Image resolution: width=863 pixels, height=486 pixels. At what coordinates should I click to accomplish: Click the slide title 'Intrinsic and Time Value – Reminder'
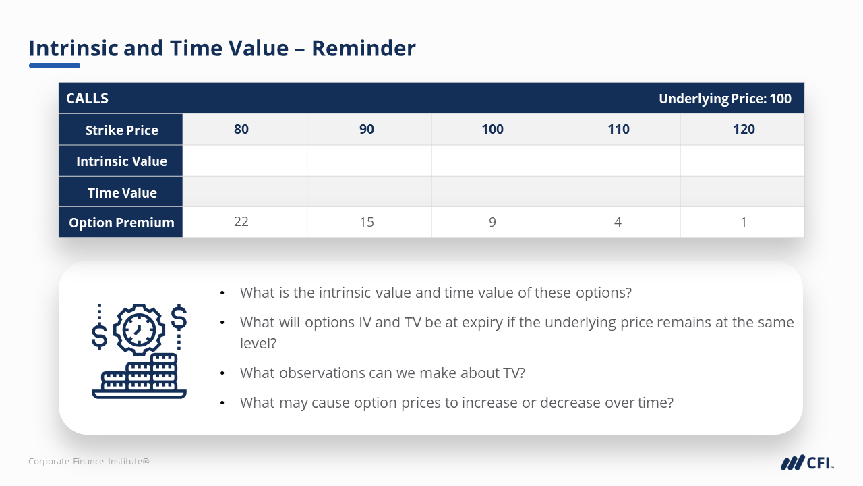[x=222, y=49]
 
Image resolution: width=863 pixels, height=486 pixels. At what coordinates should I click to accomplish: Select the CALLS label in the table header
[x=87, y=99]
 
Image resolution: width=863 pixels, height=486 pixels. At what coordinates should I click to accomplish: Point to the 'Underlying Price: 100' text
[x=725, y=99]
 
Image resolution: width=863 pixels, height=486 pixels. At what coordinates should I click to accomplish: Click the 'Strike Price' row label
[x=121, y=130]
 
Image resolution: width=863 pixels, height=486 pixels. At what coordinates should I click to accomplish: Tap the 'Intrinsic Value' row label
[x=121, y=161]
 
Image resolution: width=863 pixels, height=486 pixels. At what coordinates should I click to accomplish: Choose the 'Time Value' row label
[x=122, y=193]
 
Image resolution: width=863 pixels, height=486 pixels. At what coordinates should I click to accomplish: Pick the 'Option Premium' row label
[x=121, y=223]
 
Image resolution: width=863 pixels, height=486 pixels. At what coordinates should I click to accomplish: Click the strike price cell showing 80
[x=241, y=130]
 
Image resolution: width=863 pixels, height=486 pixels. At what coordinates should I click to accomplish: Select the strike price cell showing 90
[x=367, y=130]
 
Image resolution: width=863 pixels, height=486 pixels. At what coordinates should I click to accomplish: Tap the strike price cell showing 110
[x=618, y=130]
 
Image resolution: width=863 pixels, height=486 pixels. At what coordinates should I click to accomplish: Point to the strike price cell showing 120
[x=744, y=130]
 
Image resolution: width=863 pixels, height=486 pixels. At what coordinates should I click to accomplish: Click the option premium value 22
[x=241, y=222]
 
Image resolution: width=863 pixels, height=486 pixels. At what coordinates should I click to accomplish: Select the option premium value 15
[x=367, y=222]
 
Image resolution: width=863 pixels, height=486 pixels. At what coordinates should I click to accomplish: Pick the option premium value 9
[x=493, y=222]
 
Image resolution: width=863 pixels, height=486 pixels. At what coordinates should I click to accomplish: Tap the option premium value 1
[x=744, y=222]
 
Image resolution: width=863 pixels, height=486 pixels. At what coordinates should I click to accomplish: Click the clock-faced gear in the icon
[x=139, y=329]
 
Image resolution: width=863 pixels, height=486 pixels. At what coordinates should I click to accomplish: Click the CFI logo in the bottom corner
[x=806, y=462]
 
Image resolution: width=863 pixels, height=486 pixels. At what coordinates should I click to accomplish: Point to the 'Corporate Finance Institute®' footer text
[x=89, y=462]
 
